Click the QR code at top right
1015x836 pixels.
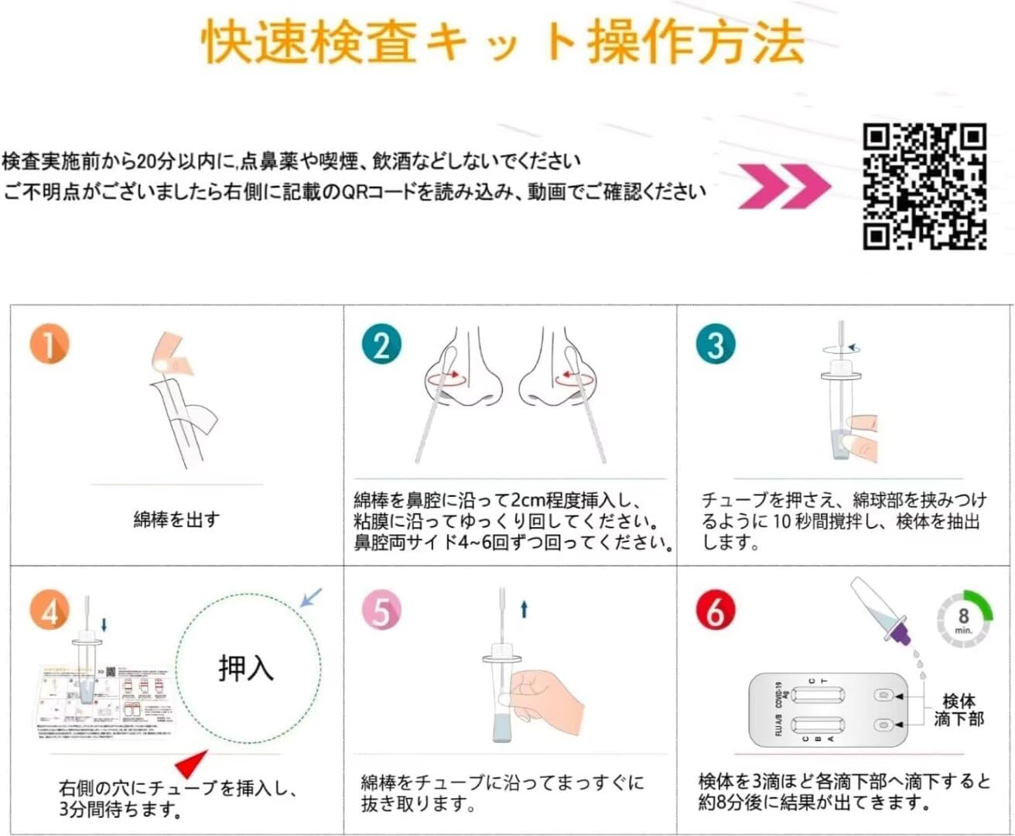[925, 187]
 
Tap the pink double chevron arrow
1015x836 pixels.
[784, 187]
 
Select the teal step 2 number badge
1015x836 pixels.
[381, 345]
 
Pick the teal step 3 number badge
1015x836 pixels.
[715, 345]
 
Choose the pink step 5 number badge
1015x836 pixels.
[381, 612]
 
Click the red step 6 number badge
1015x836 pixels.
[715, 612]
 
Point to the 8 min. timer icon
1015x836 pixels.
[964, 618]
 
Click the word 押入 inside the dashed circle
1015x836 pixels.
[246, 667]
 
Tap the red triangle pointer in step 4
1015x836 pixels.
[191, 764]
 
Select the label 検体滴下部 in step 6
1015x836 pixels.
[959, 710]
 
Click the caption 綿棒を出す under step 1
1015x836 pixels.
[176, 519]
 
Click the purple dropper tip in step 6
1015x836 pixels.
[899, 636]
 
